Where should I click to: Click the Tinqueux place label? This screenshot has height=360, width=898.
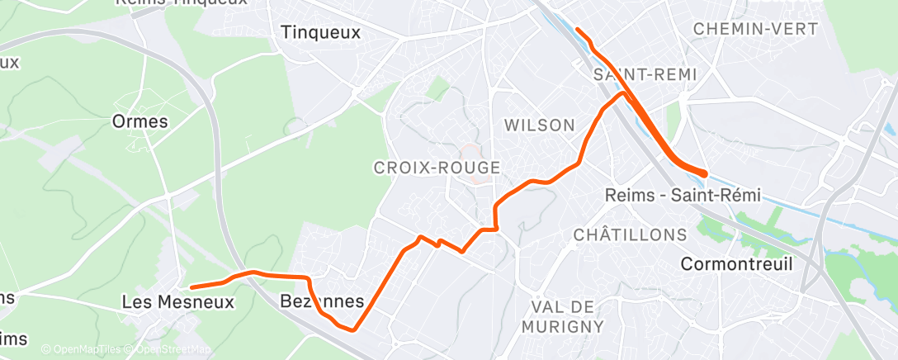pos(321,33)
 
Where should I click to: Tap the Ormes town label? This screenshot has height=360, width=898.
pos(140,121)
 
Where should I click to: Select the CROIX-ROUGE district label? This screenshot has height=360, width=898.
pos(437,168)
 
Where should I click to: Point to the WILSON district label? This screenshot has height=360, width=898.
pos(539,126)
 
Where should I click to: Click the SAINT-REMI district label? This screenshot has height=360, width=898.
pos(645,74)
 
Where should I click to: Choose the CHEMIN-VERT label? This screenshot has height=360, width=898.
pos(756,29)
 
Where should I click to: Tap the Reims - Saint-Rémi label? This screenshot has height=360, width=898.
pos(682,196)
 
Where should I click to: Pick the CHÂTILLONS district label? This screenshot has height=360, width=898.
pos(630,234)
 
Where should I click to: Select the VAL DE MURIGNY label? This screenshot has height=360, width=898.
pos(564,316)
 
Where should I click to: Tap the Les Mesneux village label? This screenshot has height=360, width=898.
pos(177,303)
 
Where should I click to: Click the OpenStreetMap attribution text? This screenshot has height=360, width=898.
pos(168,350)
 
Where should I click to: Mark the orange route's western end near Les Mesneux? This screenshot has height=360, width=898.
pos(191,287)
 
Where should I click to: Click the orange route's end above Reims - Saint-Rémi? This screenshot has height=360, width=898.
pos(706,173)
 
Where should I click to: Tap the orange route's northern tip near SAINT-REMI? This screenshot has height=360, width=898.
pos(578,31)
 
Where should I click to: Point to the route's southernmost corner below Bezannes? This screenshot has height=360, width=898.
pos(352,329)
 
